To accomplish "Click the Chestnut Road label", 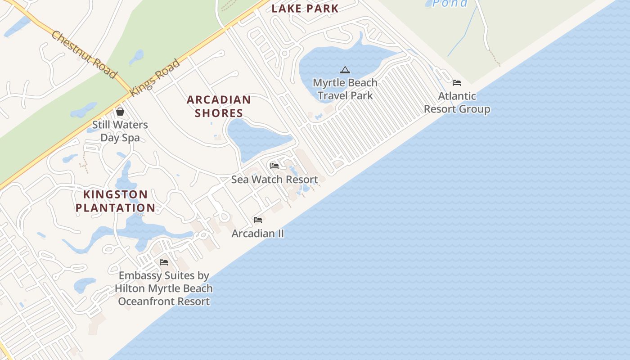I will [84, 54].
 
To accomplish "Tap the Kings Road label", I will [155, 77].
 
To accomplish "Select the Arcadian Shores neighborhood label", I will [219, 106].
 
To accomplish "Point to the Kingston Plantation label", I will [115, 201].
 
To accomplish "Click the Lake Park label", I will [305, 8].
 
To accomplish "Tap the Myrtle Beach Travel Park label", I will [345, 89].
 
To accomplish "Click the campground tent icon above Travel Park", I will [345, 70].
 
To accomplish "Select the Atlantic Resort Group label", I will [457, 103].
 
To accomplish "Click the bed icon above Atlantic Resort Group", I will [457, 83].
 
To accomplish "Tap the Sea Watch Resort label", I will [274, 180].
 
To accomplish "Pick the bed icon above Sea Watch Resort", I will [274, 166].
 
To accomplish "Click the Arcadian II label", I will [258, 234].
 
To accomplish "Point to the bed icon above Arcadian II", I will [258, 220].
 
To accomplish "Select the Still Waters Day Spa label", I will [120, 131].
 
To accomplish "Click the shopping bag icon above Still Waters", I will [120, 111].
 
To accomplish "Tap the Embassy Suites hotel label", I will [164, 288].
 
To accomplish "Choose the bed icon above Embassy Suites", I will [164, 262].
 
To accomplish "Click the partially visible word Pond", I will [450, 4].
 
